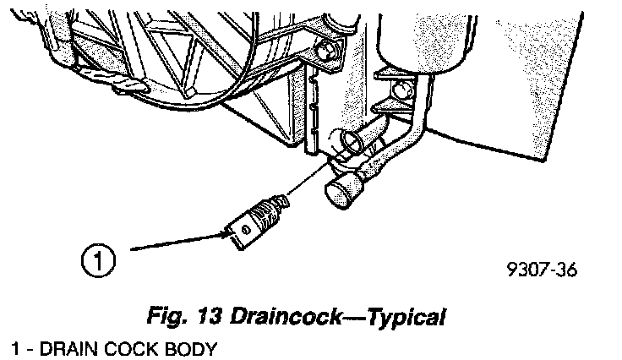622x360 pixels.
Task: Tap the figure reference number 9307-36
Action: tap(541, 272)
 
